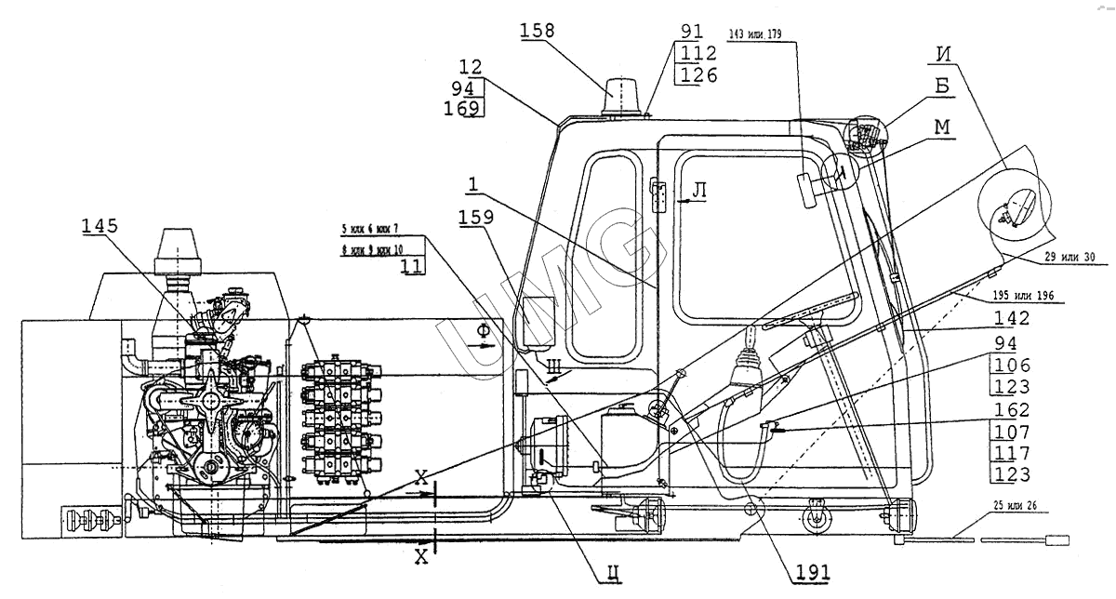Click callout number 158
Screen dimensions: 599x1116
(537, 31)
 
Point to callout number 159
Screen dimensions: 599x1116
(479, 217)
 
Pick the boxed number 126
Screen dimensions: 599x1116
(698, 74)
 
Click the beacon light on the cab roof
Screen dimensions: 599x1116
(621, 97)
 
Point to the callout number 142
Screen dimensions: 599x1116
(1010, 317)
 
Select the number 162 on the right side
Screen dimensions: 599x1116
(1011, 410)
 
